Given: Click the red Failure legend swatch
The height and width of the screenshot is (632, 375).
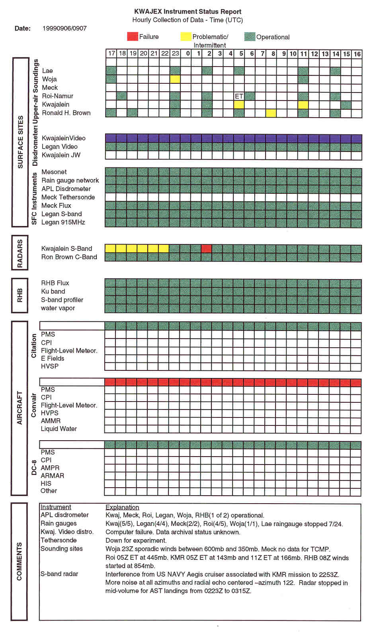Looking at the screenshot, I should coord(132,37).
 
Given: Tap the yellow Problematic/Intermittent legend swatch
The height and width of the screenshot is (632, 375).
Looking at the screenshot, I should coord(186,37).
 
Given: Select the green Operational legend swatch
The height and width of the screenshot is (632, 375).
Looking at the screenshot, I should coord(250,37).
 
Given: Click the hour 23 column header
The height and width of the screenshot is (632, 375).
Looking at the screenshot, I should coord(175,53).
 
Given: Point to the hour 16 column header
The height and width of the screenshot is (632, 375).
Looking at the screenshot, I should coord(357,54).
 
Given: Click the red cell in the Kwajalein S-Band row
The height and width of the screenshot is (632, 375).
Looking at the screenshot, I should coord(206,248).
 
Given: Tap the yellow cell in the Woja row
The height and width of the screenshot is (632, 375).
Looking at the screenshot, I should coord(175,79).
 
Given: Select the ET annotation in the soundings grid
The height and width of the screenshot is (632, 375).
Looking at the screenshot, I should coord(239,96).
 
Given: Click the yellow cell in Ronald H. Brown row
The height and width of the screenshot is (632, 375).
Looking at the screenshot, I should coord(271,113).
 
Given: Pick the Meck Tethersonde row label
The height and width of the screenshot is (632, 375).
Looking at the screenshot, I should coord(68,197).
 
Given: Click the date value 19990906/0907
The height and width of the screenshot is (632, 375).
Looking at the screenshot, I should coord(64,28).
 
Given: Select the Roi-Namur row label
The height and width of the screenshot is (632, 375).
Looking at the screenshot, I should coord(58,96).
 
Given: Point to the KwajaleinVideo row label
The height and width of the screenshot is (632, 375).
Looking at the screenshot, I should coord(64,138).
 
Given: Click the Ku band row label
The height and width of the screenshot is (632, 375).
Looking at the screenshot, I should coord(53,291).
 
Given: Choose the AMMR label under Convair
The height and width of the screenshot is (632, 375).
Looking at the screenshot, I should coord(51,421).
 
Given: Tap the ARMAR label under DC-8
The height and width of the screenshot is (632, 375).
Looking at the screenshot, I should coord(52,476).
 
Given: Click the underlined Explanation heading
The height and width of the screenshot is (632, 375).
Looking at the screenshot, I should coord(122,507).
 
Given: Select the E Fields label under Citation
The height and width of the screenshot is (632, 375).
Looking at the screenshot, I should coord(53,358).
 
